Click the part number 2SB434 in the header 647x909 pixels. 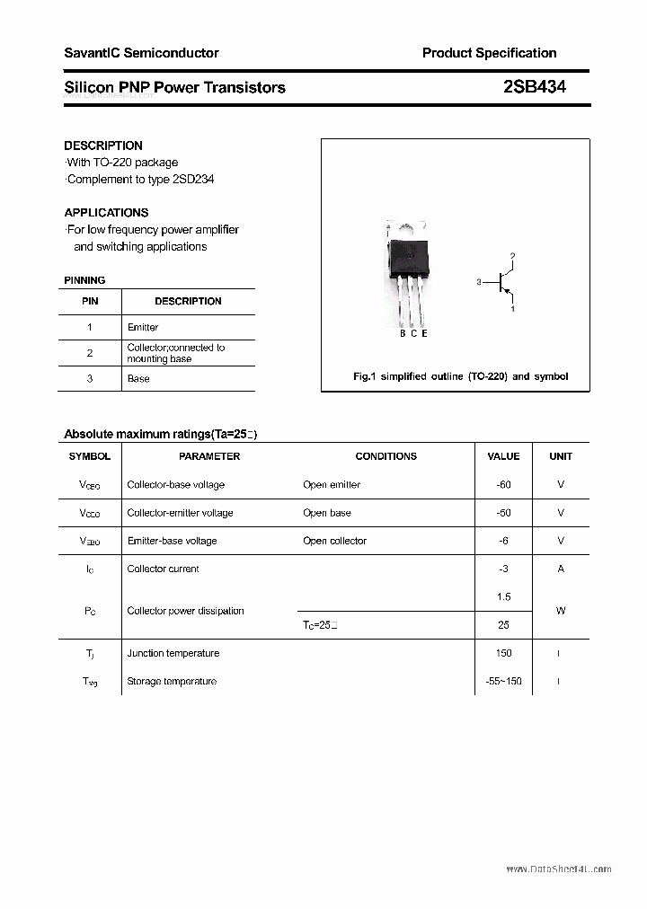pyautogui.click(x=535, y=87)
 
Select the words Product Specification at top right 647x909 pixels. pyautogui.click(x=489, y=53)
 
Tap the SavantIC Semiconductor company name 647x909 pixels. pyautogui.click(x=141, y=53)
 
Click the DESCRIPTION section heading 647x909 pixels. pyautogui.click(x=103, y=146)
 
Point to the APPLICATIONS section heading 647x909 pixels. pyautogui.click(x=106, y=213)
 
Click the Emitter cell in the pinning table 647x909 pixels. pyautogui.click(x=143, y=328)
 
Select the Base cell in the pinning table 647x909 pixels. pyautogui.click(x=138, y=379)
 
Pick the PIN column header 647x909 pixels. pyautogui.click(x=90, y=302)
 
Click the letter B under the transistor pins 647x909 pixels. pyautogui.click(x=403, y=333)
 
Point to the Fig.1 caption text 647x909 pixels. pyautogui.click(x=460, y=376)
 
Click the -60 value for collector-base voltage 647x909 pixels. pyautogui.click(x=503, y=485)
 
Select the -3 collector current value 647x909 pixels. pyautogui.click(x=503, y=569)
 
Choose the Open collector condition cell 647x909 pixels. pyautogui.click(x=335, y=542)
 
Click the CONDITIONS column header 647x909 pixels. pyautogui.click(x=386, y=456)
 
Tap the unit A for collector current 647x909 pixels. pyautogui.click(x=561, y=569)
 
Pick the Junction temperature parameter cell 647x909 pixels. pyautogui.click(x=173, y=654)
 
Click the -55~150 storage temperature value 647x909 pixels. pyautogui.click(x=503, y=682)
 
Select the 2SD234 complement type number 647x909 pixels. pyautogui.click(x=191, y=180)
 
